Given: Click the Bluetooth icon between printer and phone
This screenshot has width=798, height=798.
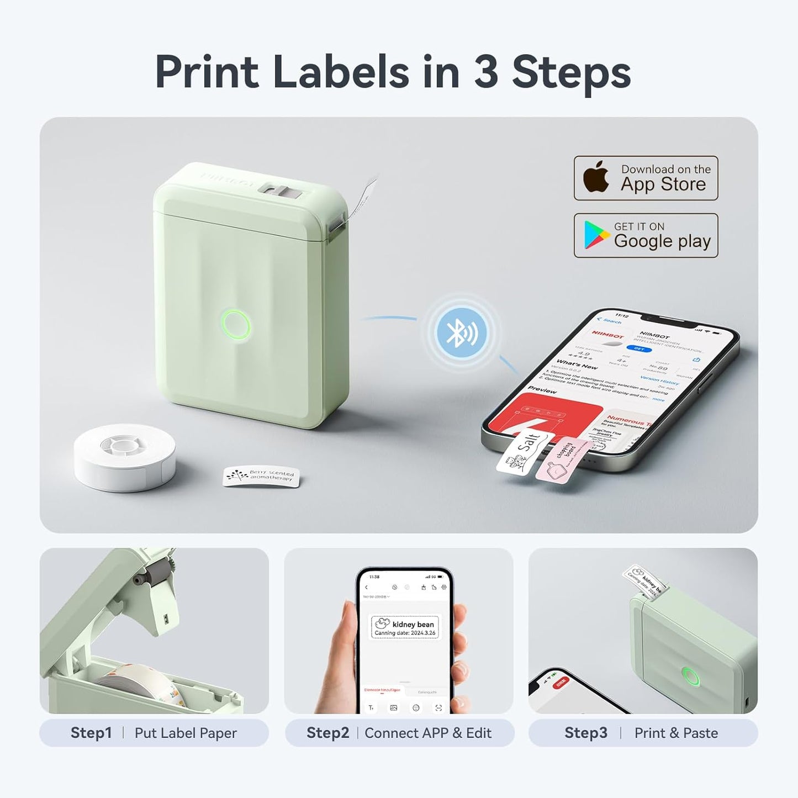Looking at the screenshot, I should (x=462, y=332).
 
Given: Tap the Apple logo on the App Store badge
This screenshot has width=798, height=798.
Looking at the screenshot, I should (x=596, y=178).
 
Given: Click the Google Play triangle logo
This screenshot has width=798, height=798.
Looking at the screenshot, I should (x=595, y=235).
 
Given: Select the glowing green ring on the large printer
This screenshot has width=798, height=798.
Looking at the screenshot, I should (x=236, y=325).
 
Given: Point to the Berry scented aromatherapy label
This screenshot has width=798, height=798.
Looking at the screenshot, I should (x=261, y=476).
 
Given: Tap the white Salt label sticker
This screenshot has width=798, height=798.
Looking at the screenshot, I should (x=524, y=452).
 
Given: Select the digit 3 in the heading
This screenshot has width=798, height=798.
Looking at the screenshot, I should (x=486, y=72).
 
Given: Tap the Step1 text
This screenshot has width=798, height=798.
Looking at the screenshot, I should (x=91, y=733).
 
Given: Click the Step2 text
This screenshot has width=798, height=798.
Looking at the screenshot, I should (x=327, y=733).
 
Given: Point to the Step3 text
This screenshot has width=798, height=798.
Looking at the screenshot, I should (x=585, y=733).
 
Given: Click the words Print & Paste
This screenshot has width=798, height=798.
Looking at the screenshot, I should (x=676, y=733).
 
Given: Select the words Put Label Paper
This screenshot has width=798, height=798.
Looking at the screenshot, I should (x=186, y=733).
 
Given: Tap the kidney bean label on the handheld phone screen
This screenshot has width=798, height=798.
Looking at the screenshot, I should (x=405, y=628).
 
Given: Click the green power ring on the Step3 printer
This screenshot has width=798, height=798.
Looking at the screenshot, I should (x=690, y=676).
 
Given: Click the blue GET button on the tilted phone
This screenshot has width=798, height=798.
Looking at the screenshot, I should (x=639, y=348).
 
